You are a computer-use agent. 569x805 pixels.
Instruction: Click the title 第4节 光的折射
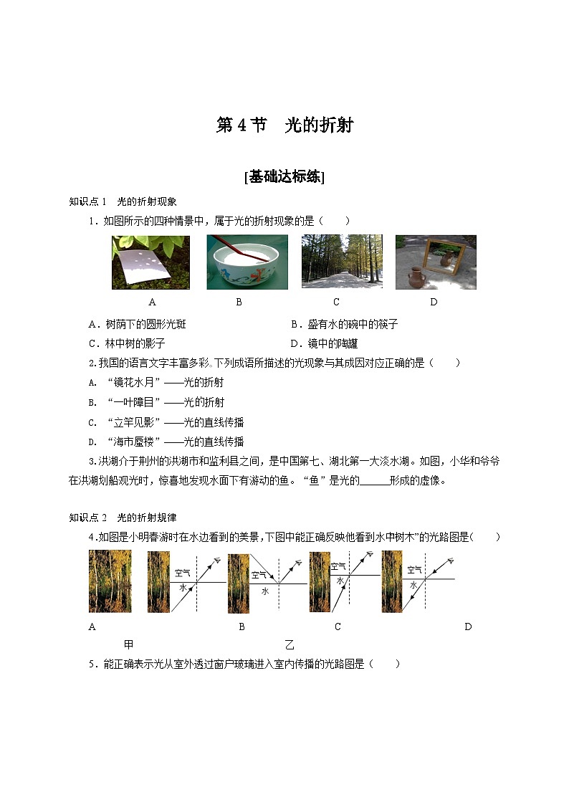click(284, 125)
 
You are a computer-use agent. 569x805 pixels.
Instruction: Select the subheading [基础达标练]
click(284, 177)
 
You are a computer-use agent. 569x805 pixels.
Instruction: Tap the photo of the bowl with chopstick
click(247, 262)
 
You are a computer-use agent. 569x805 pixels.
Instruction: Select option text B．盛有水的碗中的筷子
click(344, 324)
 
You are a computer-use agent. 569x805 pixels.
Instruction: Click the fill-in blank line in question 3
click(374, 482)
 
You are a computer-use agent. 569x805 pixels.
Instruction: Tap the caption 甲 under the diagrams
click(129, 644)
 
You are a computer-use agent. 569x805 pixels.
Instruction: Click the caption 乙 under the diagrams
click(290, 644)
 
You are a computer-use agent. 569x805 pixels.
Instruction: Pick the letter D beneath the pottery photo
click(434, 302)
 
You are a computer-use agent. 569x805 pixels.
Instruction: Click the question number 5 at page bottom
click(92, 664)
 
